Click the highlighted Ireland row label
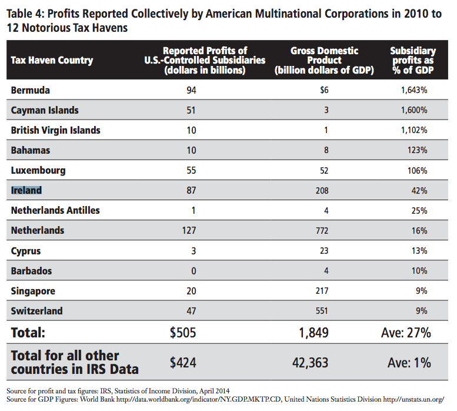point(26,190)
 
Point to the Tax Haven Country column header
point(52,61)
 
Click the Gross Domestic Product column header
point(324,60)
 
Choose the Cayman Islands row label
point(45,110)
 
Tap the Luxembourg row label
point(38,170)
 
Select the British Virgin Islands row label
point(56,130)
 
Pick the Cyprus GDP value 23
point(324,250)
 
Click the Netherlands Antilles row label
point(55,210)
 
